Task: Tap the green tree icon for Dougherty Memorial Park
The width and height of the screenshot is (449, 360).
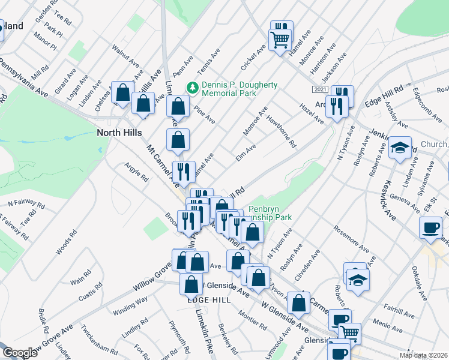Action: (193, 88)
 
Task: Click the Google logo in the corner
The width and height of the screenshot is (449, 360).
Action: (20, 353)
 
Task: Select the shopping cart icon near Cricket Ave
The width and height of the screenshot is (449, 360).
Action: (280, 40)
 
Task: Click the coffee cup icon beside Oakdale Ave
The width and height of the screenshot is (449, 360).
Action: (430, 228)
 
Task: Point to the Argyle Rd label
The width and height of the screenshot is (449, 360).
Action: (136, 172)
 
